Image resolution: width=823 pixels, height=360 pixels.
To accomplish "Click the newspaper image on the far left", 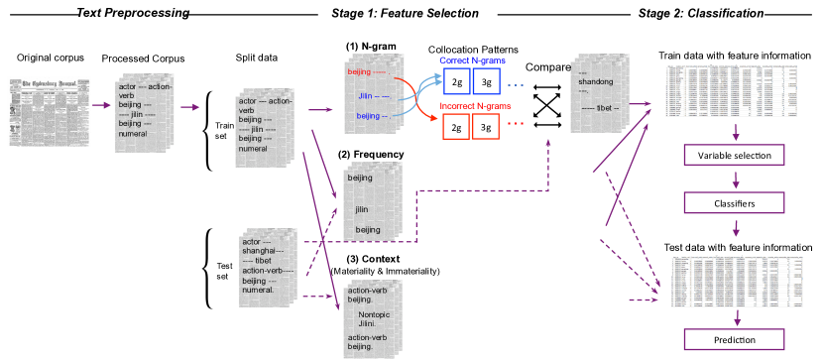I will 49,111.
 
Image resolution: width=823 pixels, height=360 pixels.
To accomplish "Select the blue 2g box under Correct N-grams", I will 456,80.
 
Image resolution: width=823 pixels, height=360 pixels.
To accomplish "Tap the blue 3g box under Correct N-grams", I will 486,80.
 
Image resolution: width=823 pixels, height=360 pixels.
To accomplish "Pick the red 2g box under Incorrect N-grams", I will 456,127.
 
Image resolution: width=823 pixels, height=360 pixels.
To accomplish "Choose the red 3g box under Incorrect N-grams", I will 486,127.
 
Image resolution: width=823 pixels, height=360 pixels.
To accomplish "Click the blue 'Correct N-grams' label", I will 472,61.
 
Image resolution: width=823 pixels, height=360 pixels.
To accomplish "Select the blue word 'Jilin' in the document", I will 366,95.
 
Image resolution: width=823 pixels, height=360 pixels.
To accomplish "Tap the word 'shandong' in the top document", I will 596,82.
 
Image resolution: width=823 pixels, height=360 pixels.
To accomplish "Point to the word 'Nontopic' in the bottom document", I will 375,315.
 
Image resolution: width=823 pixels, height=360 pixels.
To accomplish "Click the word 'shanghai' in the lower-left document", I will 262,251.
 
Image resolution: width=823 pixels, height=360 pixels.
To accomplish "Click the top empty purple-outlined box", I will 735,155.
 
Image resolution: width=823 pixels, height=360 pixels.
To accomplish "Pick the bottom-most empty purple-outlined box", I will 735,339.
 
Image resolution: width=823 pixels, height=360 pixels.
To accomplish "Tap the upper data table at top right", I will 732,91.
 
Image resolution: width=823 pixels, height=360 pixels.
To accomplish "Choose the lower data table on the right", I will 736,281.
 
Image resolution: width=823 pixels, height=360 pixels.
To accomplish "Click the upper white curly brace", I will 208,130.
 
